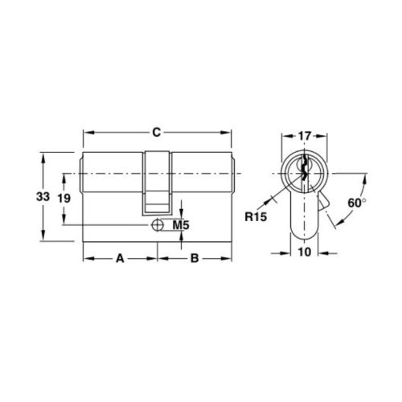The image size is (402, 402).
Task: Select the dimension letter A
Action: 121,259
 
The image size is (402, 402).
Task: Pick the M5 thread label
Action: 181,226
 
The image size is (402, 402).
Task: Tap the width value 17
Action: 305,136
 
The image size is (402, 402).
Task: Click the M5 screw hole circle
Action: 158,226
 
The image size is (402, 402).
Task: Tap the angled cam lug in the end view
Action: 326,199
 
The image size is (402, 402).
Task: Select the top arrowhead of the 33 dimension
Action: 42,154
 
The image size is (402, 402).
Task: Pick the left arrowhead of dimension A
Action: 87,259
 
